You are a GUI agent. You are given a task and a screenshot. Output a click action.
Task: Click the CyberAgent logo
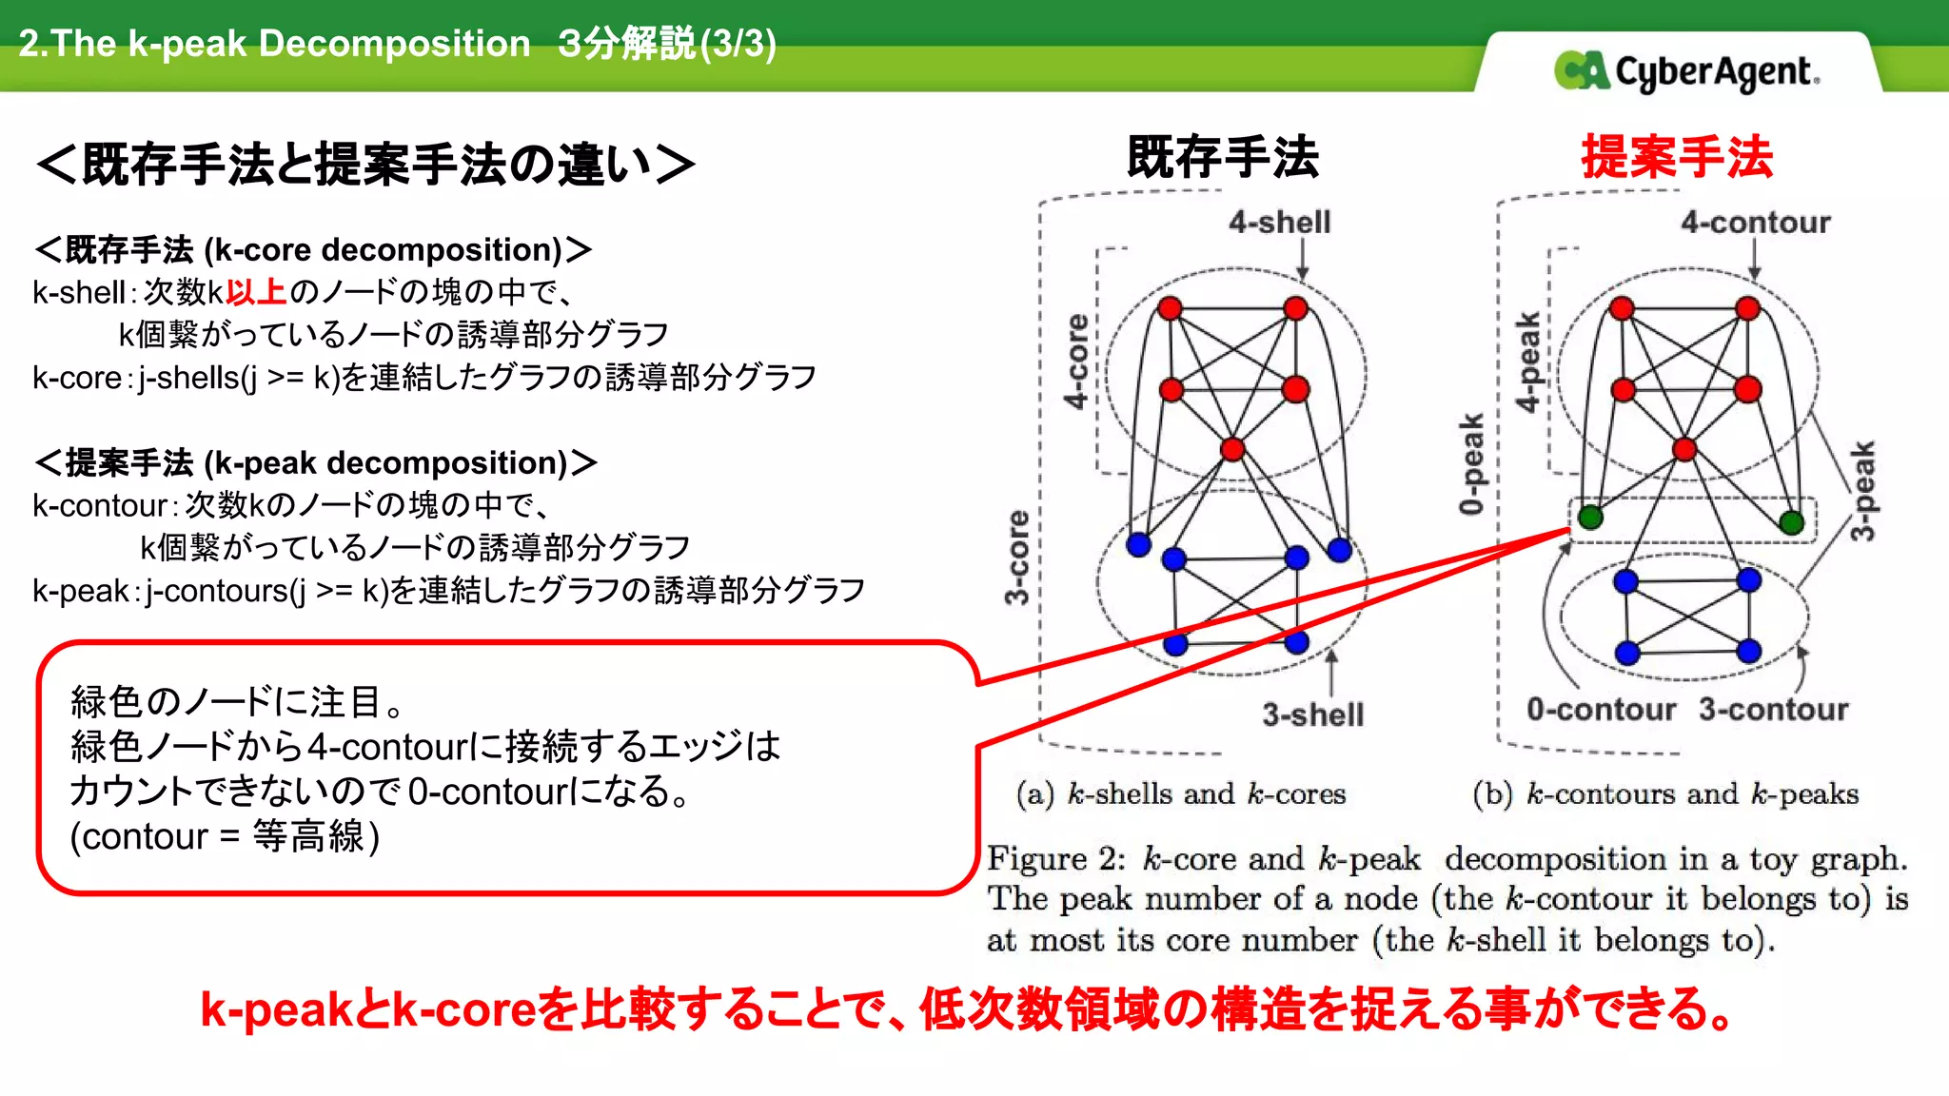(x=1686, y=71)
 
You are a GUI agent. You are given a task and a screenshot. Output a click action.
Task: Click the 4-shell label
(x=1279, y=223)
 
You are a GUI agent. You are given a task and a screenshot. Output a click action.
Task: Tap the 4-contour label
(x=1755, y=223)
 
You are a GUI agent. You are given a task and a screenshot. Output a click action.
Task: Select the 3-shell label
(x=1312, y=714)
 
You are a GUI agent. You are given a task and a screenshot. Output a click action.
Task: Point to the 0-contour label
(x=1601, y=710)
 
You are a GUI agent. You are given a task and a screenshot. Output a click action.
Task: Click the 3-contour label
(x=1773, y=710)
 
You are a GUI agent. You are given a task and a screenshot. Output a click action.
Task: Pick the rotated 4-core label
(x=1076, y=362)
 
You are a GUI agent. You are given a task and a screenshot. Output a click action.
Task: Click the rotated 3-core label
(x=1017, y=558)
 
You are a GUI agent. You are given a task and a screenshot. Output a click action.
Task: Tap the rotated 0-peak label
(x=1471, y=463)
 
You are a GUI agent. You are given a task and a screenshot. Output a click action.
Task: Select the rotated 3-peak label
(x=1862, y=491)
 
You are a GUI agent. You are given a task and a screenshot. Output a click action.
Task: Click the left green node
(x=1590, y=518)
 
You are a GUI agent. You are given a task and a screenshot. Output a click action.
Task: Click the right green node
(x=1791, y=521)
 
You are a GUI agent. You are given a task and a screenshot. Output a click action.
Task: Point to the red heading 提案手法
(x=1677, y=157)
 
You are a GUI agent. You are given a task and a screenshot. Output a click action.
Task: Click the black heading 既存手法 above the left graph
(x=1223, y=157)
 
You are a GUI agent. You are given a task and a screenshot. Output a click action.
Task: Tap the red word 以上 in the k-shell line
(x=256, y=292)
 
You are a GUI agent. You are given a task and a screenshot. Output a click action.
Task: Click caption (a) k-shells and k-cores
(x=1181, y=793)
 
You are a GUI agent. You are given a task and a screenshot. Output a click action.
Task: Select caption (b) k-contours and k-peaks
(x=1664, y=793)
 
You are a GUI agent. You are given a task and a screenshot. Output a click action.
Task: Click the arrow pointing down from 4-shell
(x=1302, y=259)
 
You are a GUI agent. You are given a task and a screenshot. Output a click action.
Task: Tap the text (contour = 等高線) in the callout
(x=225, y=837)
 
